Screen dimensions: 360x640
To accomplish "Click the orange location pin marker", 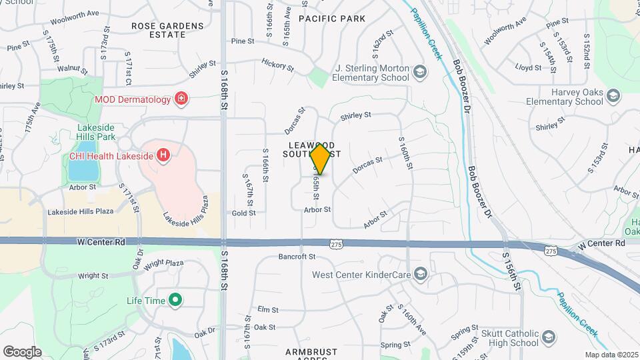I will coord(321,159).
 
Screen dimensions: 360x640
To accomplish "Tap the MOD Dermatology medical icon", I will coord(181,99).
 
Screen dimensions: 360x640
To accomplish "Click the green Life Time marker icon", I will coord(175,301).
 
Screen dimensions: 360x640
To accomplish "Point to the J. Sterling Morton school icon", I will coord(419,72).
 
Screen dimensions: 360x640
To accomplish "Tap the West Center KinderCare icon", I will coord(420,274).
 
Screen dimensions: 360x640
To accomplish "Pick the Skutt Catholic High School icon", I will coord(549,337).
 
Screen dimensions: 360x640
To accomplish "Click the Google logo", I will coord(22,351).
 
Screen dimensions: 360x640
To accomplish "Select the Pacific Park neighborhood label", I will coord(332,19).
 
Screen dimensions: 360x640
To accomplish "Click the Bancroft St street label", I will coord(297,257).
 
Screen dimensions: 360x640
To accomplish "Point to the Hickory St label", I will coord(277,65).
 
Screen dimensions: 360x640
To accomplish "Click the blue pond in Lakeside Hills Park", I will coord(81,169).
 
